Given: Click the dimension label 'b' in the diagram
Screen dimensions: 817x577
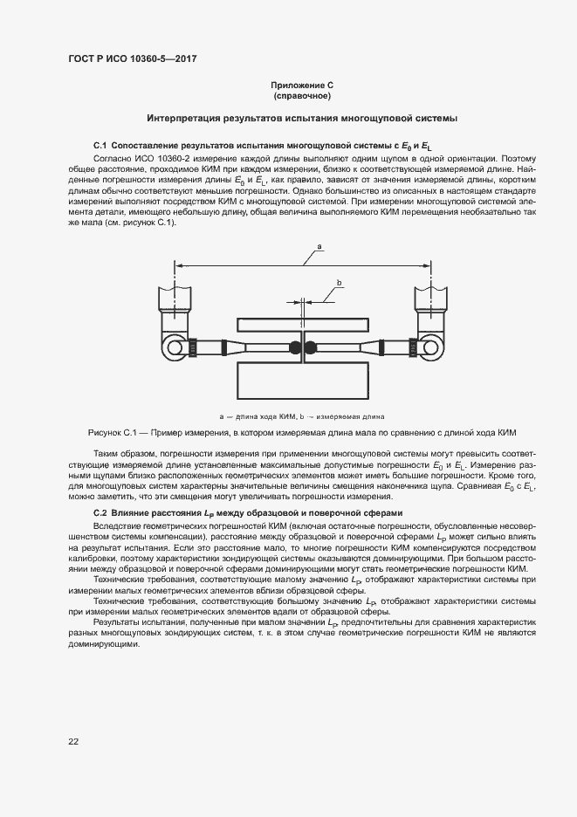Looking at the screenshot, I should [339, 281].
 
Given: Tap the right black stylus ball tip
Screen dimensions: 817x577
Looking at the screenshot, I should [310, 347].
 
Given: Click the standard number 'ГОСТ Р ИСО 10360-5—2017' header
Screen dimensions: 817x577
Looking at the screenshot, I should [131, 58].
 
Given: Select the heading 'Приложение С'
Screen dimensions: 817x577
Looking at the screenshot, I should [302, 86].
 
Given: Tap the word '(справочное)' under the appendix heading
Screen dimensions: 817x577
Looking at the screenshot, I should [302, 95].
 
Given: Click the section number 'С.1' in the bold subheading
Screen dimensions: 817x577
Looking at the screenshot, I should [100, 142].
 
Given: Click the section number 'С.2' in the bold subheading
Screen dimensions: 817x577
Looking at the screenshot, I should [100, 512].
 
